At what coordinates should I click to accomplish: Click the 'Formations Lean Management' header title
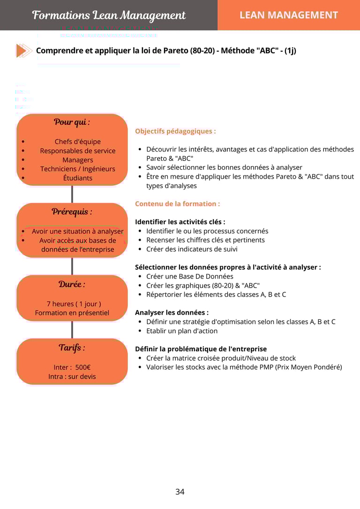(x=109, y=15)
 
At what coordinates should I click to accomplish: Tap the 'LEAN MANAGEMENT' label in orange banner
(x=288, y=15)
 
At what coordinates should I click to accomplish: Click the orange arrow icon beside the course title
(x=24, y=51)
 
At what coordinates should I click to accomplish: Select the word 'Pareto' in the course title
(x=176, y=51)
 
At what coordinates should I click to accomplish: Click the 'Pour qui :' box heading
(x=72, y=122)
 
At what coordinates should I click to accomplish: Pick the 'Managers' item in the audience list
(x=77, y=160)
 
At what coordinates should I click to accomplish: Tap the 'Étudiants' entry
(x=77, y=178)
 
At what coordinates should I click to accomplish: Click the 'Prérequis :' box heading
(x=72, y=212)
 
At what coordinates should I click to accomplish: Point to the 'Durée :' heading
(x=72, y=284)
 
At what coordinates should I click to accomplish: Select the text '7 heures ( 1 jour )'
(x=74, y=304)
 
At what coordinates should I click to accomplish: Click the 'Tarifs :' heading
(x=72, y=348)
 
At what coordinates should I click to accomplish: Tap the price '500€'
(x=83, y=367)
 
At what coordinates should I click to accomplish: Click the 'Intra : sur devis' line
(x=72, y=376)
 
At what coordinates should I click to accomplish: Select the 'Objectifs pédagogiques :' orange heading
(x=175, y=131)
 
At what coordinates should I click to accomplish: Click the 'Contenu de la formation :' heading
(x=177, y=204)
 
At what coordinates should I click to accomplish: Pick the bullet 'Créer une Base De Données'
(x=189, y=276)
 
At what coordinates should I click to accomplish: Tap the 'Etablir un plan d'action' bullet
(x=182, y=331)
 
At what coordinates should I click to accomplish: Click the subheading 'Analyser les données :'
(x=172, y=312)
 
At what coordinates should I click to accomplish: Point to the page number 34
(x=180, y=492)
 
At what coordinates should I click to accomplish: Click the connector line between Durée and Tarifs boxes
(x=72, y=329)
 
